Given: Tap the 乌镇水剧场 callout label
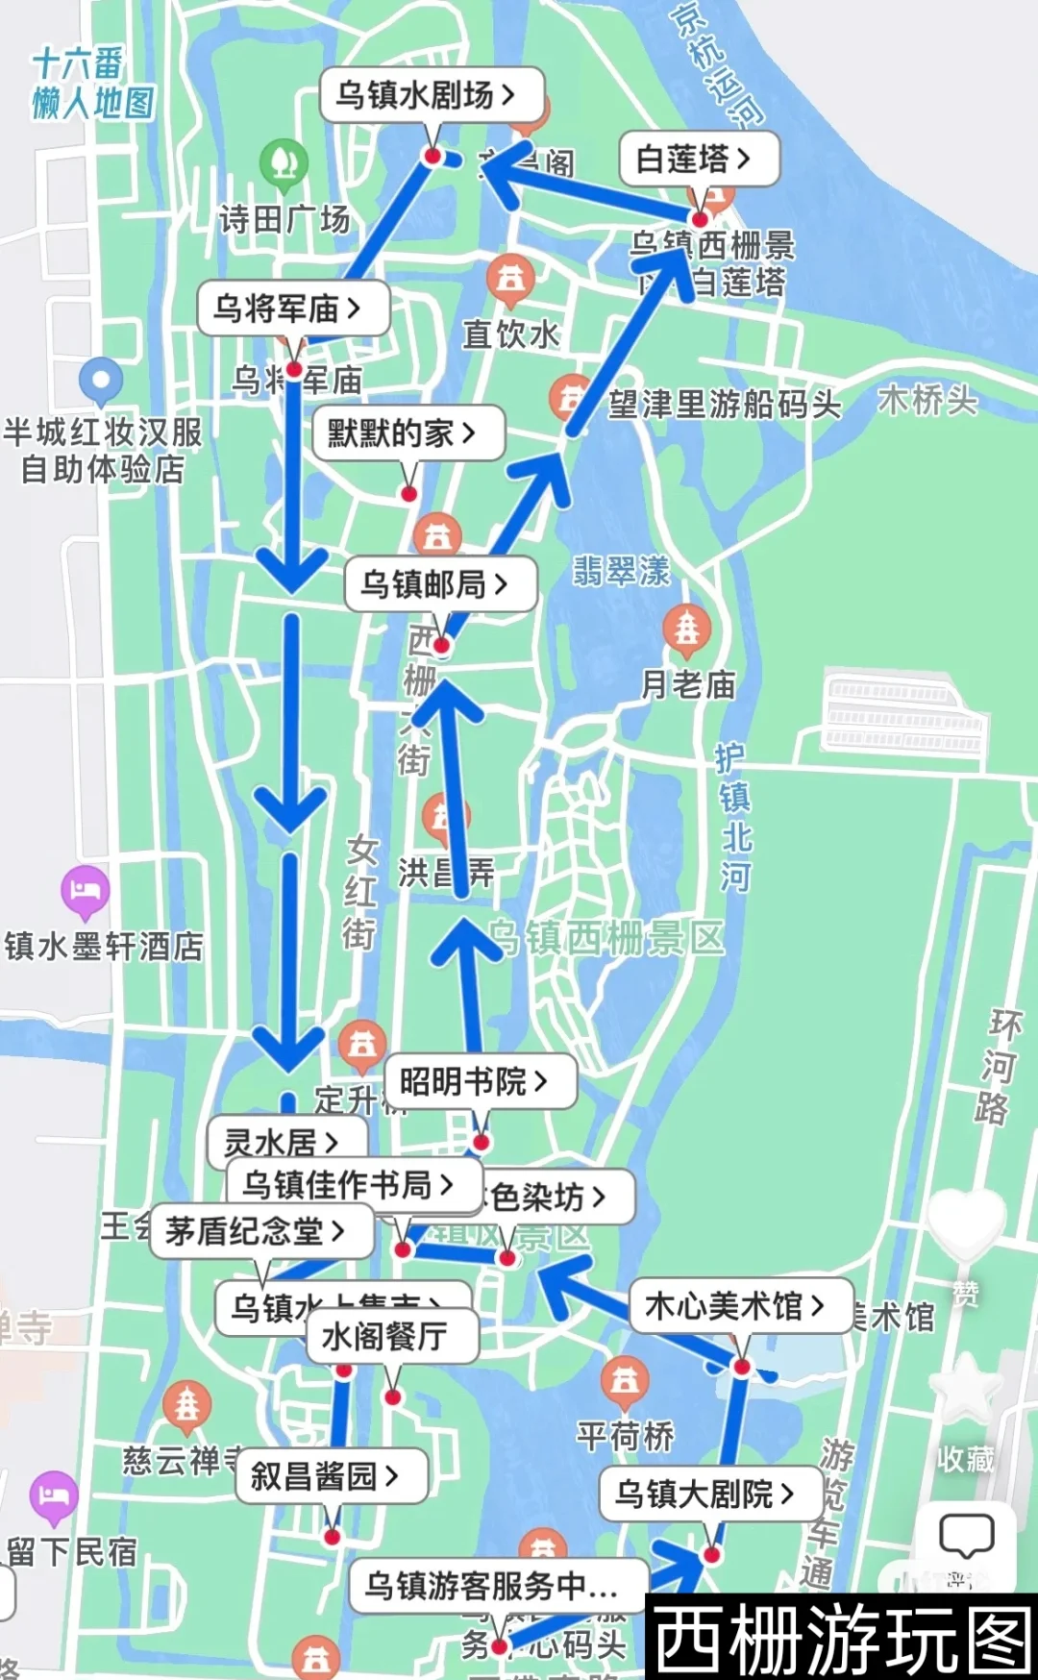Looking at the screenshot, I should tap(431, 95).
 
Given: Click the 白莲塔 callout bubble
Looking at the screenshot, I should tap(697, 159).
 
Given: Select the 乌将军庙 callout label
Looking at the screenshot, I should tap(292, 309).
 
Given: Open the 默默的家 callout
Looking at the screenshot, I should tap(408, 433).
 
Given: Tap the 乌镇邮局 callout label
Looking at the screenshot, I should tap(439, 583).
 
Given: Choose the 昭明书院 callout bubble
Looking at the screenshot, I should tap(480, 1082).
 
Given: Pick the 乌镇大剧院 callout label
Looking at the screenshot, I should tap(709, 1495).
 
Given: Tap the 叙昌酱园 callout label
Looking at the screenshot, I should tap(331, 1475).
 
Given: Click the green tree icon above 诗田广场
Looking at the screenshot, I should tap(284, 162).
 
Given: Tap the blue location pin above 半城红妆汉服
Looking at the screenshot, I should tap(101, 381).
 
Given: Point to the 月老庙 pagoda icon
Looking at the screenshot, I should tap(686, 630).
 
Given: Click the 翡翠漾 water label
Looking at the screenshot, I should tap(621, 571).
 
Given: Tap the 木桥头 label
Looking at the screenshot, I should tap(927, 400).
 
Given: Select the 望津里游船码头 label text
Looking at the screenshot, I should tap(724, 404).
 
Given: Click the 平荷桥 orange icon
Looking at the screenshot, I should tap(625, 1380).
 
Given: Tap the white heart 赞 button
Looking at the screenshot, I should tap(966, 1223).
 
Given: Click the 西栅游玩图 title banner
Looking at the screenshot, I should tap(841, 1638).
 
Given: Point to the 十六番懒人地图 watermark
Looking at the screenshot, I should tap(92, 85).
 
